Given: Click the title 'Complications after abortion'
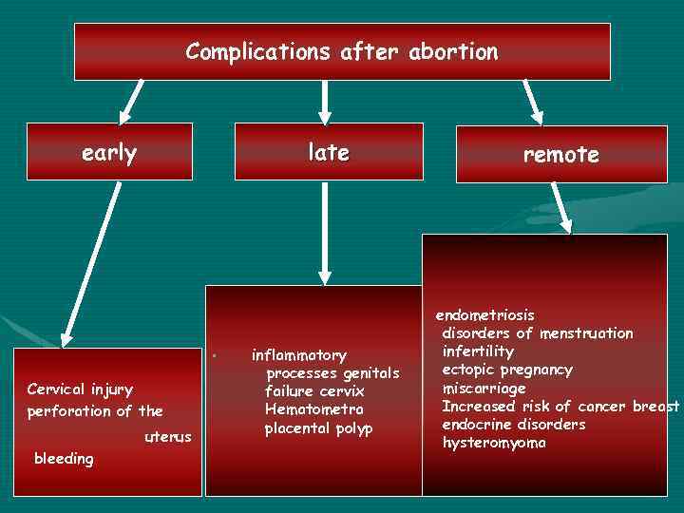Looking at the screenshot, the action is [x=342, y=51].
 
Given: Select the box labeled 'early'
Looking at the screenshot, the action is [x=109, y=152].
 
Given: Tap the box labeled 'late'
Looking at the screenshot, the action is [x=328, y=152].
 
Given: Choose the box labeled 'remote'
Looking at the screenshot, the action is [x=560, y=154].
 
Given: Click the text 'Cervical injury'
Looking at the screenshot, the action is [x=80, y=389].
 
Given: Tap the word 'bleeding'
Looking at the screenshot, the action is [x=64, y=459].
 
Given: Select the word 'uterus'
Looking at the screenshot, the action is [x=168, y=436].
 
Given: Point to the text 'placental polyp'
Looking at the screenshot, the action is [x=318, y=427].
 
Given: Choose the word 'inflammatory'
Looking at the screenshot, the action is [x=298, y=355].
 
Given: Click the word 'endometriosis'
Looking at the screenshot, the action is [x=484, y=314].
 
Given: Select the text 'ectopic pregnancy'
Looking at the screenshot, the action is [x=507, y=370].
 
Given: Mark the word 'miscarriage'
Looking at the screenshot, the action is [x=484, y=389].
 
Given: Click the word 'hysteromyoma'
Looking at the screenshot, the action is [x=494, y=443].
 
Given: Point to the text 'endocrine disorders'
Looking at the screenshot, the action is [x=514, y=425].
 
